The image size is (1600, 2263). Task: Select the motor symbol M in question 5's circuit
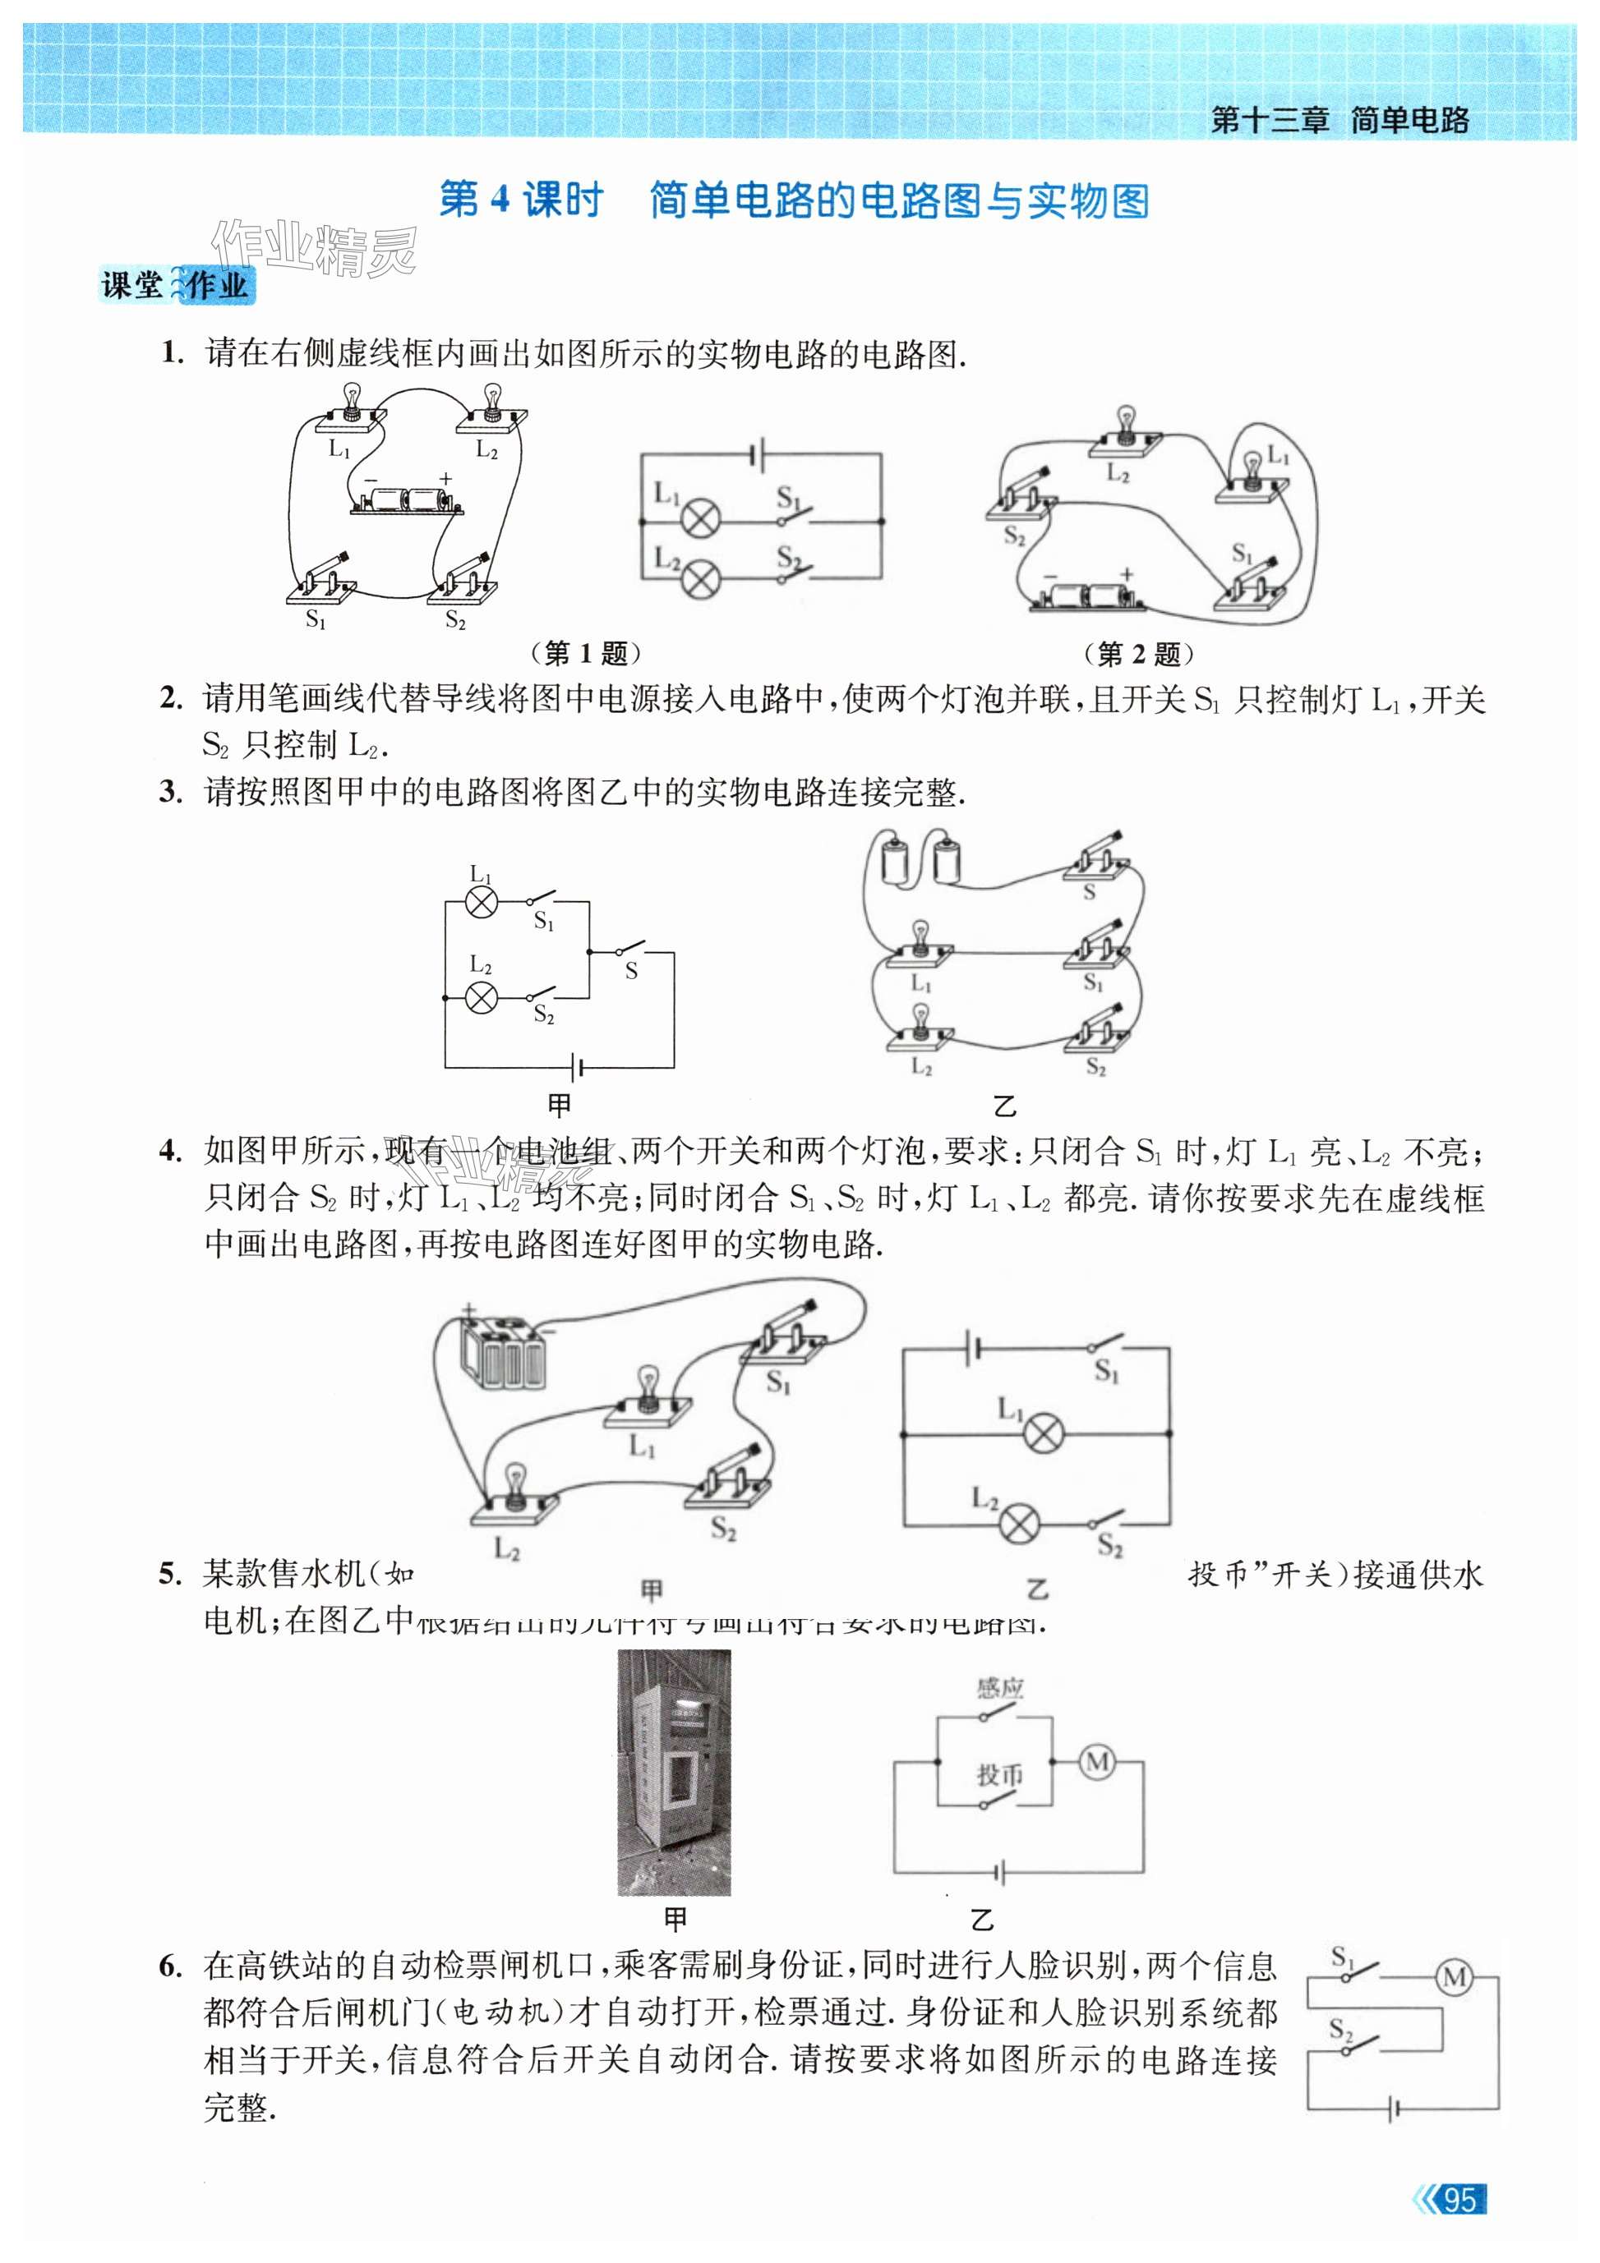(1097, 1761)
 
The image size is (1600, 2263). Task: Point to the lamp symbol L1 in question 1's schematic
(702, 518)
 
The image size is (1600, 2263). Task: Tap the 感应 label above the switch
(999, 1688)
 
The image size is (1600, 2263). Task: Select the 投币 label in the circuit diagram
(999, 1774)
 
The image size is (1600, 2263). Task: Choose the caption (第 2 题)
(1139, 652)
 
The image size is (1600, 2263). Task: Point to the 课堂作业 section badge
(177, 287)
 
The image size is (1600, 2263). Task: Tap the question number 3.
(171, 793)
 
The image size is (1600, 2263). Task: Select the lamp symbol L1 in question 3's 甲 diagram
(481, 902)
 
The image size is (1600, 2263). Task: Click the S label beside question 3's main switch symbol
(631, 971)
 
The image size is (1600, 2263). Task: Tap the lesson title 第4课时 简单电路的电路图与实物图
(794, 201)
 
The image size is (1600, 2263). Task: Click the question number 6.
(171, 1966)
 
